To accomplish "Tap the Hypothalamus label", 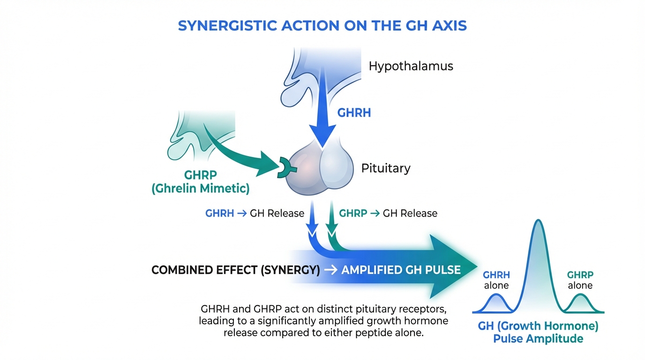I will [x=411, y=66].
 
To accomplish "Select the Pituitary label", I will [x=386, y=168].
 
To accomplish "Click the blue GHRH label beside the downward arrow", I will [x=354, y=113].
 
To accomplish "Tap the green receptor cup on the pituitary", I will [x=284, y=167].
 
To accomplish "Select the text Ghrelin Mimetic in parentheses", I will [x=200, y=189].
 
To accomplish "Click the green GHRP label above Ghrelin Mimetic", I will [x=200, y=175].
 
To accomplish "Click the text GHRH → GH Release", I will [x=255, y=213].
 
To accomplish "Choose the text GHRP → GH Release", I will [x=388, y=213].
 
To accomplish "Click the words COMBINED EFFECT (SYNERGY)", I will [x=236, y=270].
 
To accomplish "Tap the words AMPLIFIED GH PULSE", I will [x=401, y=270].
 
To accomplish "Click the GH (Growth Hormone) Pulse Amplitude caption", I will [x=538, y=332].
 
